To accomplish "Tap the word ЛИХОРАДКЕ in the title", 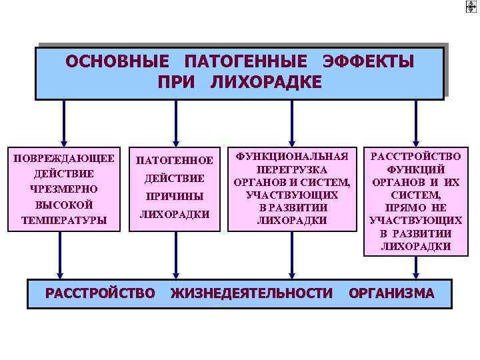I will tap(266, 81).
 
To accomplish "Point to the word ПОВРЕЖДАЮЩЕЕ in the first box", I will tap(64, 158).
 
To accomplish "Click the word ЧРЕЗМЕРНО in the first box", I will tap(64, 189).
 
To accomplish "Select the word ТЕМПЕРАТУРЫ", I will tap(64, 219).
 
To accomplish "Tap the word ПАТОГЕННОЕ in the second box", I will tap(175, 161).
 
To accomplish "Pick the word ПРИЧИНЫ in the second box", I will tap(175, 197).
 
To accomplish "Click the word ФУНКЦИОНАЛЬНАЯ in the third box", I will tap(292, 157).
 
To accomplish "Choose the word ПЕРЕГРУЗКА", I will tap(292, 171).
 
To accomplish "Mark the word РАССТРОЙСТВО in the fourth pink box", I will tap(415, 157).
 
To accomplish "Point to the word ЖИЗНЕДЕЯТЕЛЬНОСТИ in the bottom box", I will tap(251, 293).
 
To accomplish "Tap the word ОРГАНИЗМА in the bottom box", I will tap(391, 293).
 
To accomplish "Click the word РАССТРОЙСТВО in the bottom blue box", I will tap(100, 293).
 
